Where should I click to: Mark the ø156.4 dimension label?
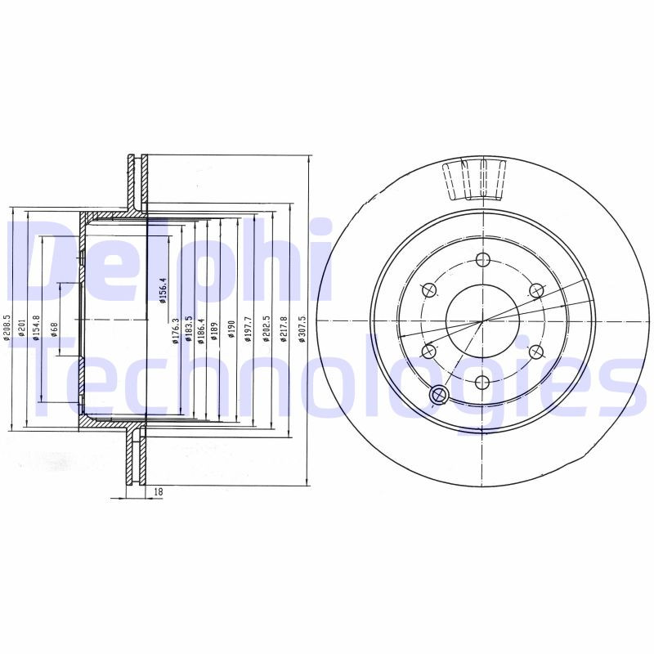[163, 290]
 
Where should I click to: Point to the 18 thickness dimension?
[158, 491]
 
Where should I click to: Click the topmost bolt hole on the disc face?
[482, 260]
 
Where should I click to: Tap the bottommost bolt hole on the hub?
[482, 382]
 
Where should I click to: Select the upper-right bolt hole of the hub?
[535, 290]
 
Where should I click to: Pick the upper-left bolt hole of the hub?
[428, 290]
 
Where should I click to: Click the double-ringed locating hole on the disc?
[438, 396]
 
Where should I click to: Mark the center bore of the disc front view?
[482, 320]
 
